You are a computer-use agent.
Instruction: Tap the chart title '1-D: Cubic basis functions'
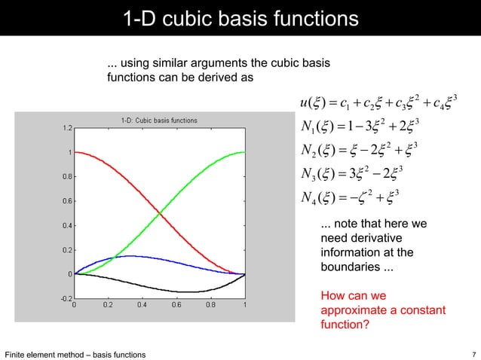(x=159, y=120)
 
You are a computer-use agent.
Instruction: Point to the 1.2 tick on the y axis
(x=67, y=128)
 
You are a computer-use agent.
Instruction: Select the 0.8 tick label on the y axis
(x=67, y=177)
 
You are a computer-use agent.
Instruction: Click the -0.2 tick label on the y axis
(x=66, y=299)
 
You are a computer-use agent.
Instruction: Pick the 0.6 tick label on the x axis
(x=176, y=306)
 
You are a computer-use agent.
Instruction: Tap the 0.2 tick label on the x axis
(x=108, y=306)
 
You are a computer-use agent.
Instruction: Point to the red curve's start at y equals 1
(x=75, y=152)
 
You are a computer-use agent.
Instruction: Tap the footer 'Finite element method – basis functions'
(x=75, y=354)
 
